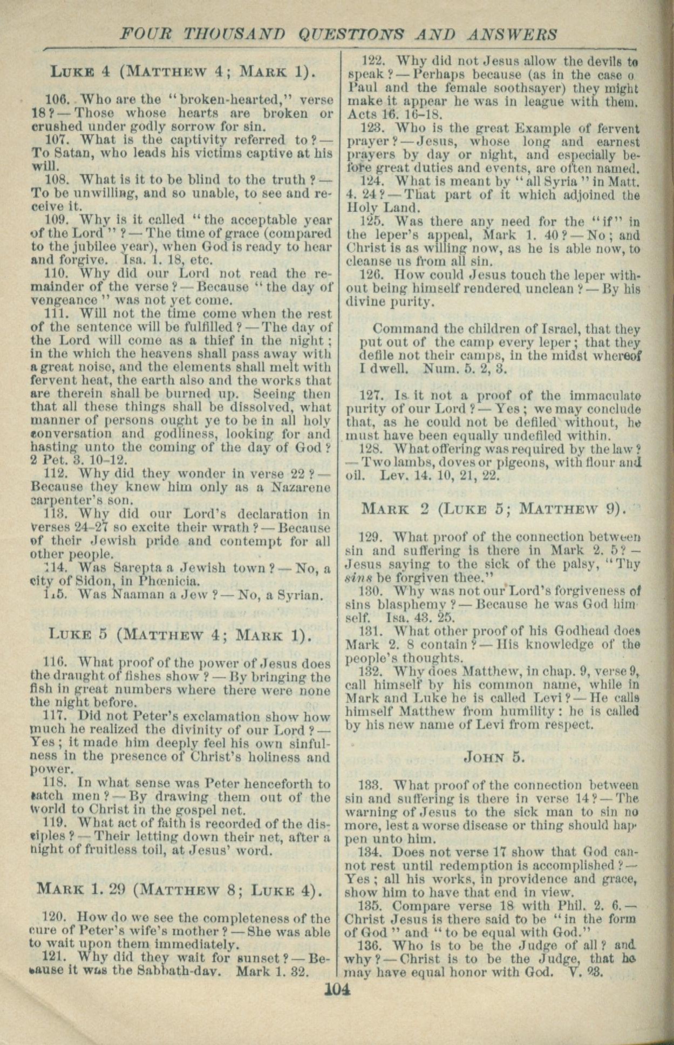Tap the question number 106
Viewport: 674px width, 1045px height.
tap(55, 100)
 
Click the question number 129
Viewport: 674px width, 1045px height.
tap(370, 537)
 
